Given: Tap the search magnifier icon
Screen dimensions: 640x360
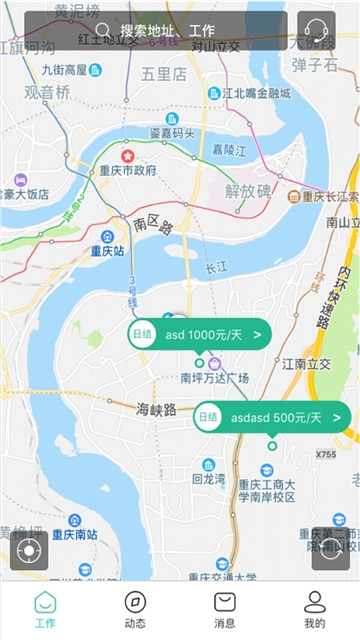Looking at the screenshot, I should pyautogui.click(x=103, y=30).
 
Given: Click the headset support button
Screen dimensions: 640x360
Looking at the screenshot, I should pyautogui.click(x=316, y=30).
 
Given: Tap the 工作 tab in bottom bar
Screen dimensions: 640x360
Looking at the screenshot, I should pyautogui.click(x=45, y=610).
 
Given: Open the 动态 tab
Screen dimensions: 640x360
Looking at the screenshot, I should pyautogui.click(x=135, y=610).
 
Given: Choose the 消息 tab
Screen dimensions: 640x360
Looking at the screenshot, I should pyautogui.click(x=225, y=610).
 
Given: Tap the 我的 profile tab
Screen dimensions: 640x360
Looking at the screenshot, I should pyautogui.click(x=315, y=610).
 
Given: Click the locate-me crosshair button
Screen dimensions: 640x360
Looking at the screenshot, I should pyautogui.click(x=29, y=550).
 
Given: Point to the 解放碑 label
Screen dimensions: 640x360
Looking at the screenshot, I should pyautogui.click(x=248, y=191).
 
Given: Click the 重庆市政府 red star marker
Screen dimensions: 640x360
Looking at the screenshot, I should pyautogui.click(x=127, y=156).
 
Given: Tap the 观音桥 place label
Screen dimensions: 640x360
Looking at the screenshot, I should pyautogui.click(x=48, y=92).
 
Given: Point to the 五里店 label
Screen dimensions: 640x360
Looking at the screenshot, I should pyautogui.click(x=164, y=73).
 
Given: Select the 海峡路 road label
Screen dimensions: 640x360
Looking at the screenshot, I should pyautogui.click(x=156, y=409).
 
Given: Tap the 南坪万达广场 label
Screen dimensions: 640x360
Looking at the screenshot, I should pyautogui.click(x=214, y=377).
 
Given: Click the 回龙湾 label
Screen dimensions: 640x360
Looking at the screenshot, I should pyautogui.click(x=209, y=479).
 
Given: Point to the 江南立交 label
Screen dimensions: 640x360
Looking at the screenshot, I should pyautogui.click(x=305, y=364).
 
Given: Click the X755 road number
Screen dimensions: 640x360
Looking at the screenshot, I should pyautogui.click(x=326, y=455).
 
